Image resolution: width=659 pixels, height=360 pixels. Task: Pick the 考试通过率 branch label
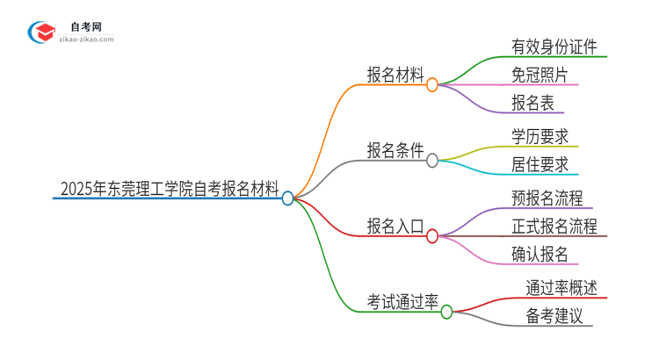tap(402, 301)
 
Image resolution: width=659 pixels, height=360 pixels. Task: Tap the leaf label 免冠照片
tap(540, 75)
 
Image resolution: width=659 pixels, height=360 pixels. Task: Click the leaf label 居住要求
tap(540, 164)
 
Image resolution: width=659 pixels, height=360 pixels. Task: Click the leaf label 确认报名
tap(540, 255)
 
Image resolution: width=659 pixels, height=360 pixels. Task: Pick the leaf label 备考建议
tap(554, 315)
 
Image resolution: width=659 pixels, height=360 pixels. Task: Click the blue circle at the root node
tap(287, 198)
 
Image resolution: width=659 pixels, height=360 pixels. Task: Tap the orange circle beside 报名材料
tap(432, 85)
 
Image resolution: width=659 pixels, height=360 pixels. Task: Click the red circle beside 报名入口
tap(432, 236)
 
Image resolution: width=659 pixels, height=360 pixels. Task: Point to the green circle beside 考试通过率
tap(446, 312)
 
